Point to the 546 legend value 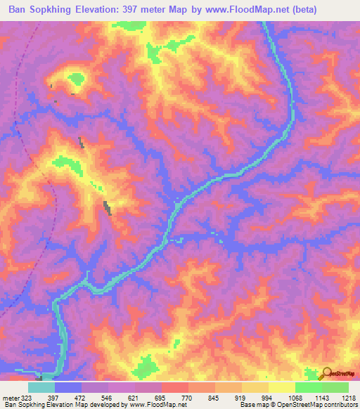(x=108, y=397)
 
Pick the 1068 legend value (x=295, y=397)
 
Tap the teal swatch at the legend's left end (x=41, y=387)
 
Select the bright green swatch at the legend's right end (x=335, y=387)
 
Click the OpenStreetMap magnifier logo (x=326, y=374)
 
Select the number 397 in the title (x=167, y=10)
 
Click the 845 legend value (x=214, y=397)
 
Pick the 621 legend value (x=134, y=397)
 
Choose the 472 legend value (x=81, y=397)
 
